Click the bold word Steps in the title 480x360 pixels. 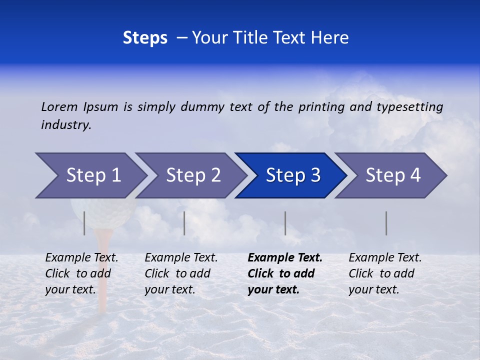pyautogui.click(x=145, y=38)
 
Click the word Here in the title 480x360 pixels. pyautogui.click(x=329, y=38)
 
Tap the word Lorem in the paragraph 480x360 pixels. pyautogui.click(x=59, y=106)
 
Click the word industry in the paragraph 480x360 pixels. pyautogui.click(x=65, y=125)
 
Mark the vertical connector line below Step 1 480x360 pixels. pyautogui.click(x=84, y=223)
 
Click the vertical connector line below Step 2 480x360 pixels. pyautogui.click(x=184, y=223)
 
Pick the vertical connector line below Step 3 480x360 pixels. pyautogui.click(x=285, y=223)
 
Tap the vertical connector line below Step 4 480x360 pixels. pyautogui.click(x=386, y=223)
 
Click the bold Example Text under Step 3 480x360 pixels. pyautogui.click(x=285, y=258)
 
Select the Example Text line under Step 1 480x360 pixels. pyautogui.click(x=81, y=258)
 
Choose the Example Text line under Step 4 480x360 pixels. pyautogui.click(x=385, y=258)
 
